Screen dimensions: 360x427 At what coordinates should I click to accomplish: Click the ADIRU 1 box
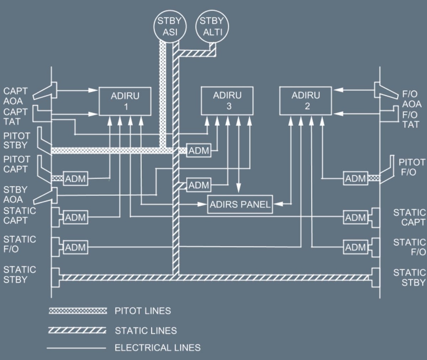(125, 101)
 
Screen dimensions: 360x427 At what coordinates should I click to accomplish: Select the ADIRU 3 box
(227, 101)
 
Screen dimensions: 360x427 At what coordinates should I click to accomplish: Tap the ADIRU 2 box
(305, 101)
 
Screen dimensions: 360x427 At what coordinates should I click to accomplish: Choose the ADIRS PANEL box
(240, 204)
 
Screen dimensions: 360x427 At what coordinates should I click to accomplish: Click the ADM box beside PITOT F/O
(355, 178)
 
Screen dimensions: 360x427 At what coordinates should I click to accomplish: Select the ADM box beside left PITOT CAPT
(75, 178)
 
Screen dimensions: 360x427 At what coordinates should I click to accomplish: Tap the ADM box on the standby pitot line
(199, 150)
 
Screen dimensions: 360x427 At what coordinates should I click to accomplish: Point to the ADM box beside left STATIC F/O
(75, 247)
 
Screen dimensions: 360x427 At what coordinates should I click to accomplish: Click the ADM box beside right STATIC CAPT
(355, 217)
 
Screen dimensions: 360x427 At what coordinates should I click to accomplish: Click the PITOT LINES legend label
(143, 311)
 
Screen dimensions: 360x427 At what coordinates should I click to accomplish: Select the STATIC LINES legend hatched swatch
(77, 330)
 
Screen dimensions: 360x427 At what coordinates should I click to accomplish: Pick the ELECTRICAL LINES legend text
(157, 348)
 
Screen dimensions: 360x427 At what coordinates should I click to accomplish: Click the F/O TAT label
(410, 120)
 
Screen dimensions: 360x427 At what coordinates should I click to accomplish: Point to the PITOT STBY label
(16, 141)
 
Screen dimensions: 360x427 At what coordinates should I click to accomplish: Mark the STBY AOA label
(15, 194)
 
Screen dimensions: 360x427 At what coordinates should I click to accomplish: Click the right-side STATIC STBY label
(409, 277)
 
